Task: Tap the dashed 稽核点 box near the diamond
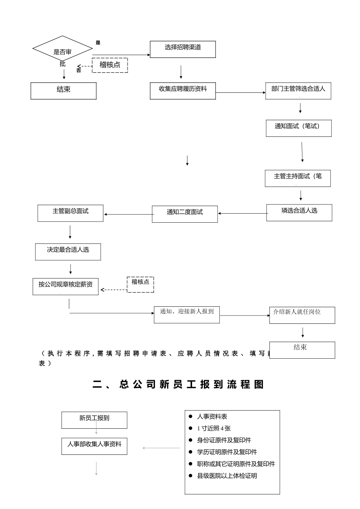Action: [x=110, y=65]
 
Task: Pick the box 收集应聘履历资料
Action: [x=183, y=91]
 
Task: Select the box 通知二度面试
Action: [x=185, y=214]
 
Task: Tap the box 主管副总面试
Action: [x=70, y=213]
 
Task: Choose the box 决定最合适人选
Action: [x=68, y=252]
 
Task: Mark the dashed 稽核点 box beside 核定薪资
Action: [x=140, y=284]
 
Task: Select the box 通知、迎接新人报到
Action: [x=186, y=314]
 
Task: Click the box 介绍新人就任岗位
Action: [x=302, y=315]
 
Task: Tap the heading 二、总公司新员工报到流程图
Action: [x=178, y=384]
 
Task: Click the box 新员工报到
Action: [x=94, y=420]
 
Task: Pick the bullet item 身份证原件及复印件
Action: [x=224, y=440]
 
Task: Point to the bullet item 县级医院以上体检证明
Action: [x=227, y=476]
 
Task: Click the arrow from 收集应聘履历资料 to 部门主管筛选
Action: [x=241, y=92]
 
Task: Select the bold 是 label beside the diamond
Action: [x=98, y=43]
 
